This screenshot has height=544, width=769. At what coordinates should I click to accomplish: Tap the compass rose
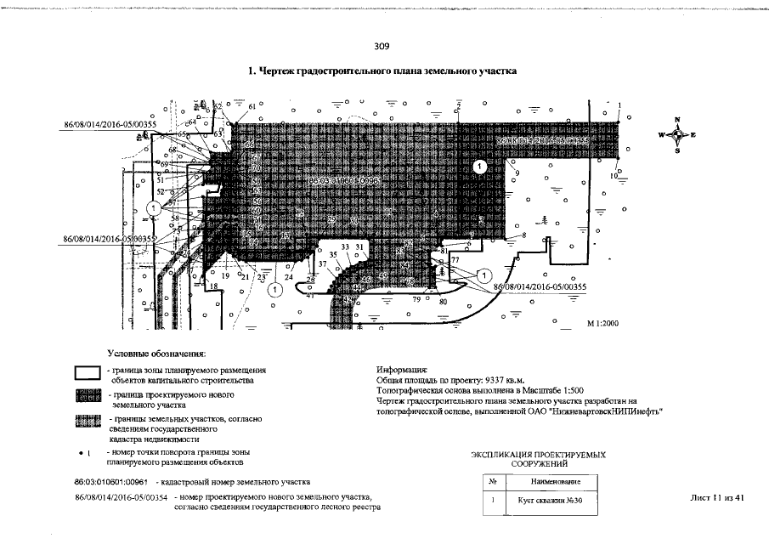pos(677,135)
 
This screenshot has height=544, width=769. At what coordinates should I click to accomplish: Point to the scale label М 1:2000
pos(605,325)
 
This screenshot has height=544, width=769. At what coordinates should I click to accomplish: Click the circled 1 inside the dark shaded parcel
pos(480,167)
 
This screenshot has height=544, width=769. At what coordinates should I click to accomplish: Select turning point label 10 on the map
pos(614,176)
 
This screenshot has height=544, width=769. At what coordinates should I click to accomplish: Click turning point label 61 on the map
pos(252,105)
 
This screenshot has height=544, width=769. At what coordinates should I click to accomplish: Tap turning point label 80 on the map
pos(443,302)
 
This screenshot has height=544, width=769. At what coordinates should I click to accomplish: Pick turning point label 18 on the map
pos(214,286)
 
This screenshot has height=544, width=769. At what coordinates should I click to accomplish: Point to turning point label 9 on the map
pos(517,173)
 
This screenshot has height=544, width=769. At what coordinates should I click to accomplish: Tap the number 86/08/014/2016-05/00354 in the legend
pos(121,496)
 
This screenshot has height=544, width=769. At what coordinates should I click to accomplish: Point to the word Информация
pos(401,371)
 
